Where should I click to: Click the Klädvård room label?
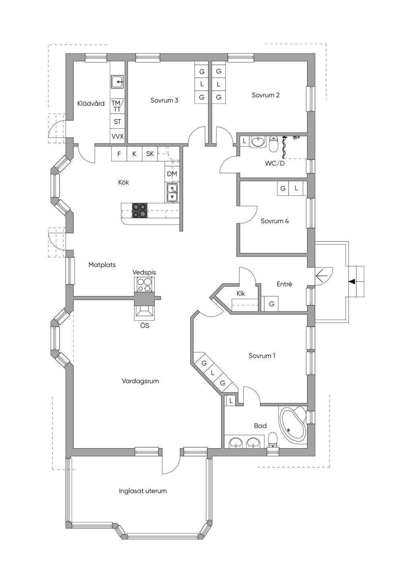coord(91,103)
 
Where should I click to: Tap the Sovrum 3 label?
coord(164,100)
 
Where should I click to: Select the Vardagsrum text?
coord(140,381)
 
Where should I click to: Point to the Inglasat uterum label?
coord(142,491)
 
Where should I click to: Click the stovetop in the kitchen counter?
coord(140,210)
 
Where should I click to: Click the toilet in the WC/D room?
coord(273,144)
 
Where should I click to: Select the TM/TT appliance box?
coord(117,106)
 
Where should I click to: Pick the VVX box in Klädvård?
coord(117,136)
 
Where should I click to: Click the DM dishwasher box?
coord(172,174)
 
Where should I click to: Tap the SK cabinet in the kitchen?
coord(150,154)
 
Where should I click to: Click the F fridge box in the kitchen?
coord(119,154)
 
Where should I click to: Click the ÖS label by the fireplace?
coord(144,326)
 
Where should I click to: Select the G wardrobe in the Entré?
coord(271,304)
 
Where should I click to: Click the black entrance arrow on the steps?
coord(352,281)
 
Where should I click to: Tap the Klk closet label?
coord(241,294)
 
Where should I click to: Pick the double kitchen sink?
coord(172,192)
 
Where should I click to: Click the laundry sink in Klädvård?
coord(117,82)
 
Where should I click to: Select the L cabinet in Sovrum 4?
coord(296,188)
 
